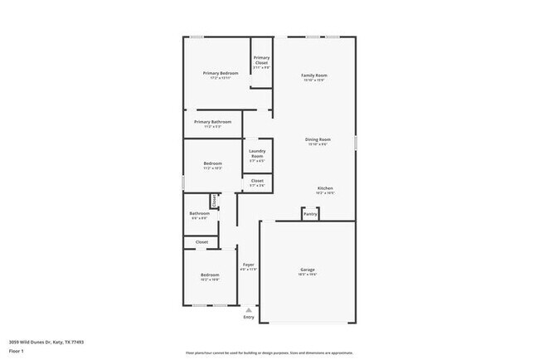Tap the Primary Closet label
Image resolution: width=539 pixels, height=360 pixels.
[261, 60]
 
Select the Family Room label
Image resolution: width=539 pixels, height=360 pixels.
[314, 75]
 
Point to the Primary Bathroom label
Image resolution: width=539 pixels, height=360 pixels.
[212, 122]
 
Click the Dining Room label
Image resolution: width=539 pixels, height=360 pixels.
[319, 139]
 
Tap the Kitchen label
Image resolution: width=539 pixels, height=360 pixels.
[325, 188]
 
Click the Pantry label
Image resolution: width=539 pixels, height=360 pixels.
[309, 214]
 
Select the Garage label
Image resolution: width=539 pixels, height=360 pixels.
[308, 270]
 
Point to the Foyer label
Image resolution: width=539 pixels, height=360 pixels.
[248, 265]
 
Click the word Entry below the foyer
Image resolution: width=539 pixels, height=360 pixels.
[249, 317]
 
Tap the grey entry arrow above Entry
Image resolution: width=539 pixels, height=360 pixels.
[249, 309]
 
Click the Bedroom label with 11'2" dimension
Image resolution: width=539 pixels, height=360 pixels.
[212, 163]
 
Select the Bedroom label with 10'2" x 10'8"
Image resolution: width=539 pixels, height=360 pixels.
[210, 275]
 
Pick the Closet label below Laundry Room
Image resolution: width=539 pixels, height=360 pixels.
[257, 180]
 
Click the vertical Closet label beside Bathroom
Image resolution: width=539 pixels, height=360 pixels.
[214, 200]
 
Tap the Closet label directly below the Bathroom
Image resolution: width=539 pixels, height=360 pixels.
[202, 242]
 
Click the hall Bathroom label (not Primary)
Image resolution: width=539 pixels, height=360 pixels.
[199, 213]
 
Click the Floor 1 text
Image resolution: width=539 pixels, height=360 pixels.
[17, 351]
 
